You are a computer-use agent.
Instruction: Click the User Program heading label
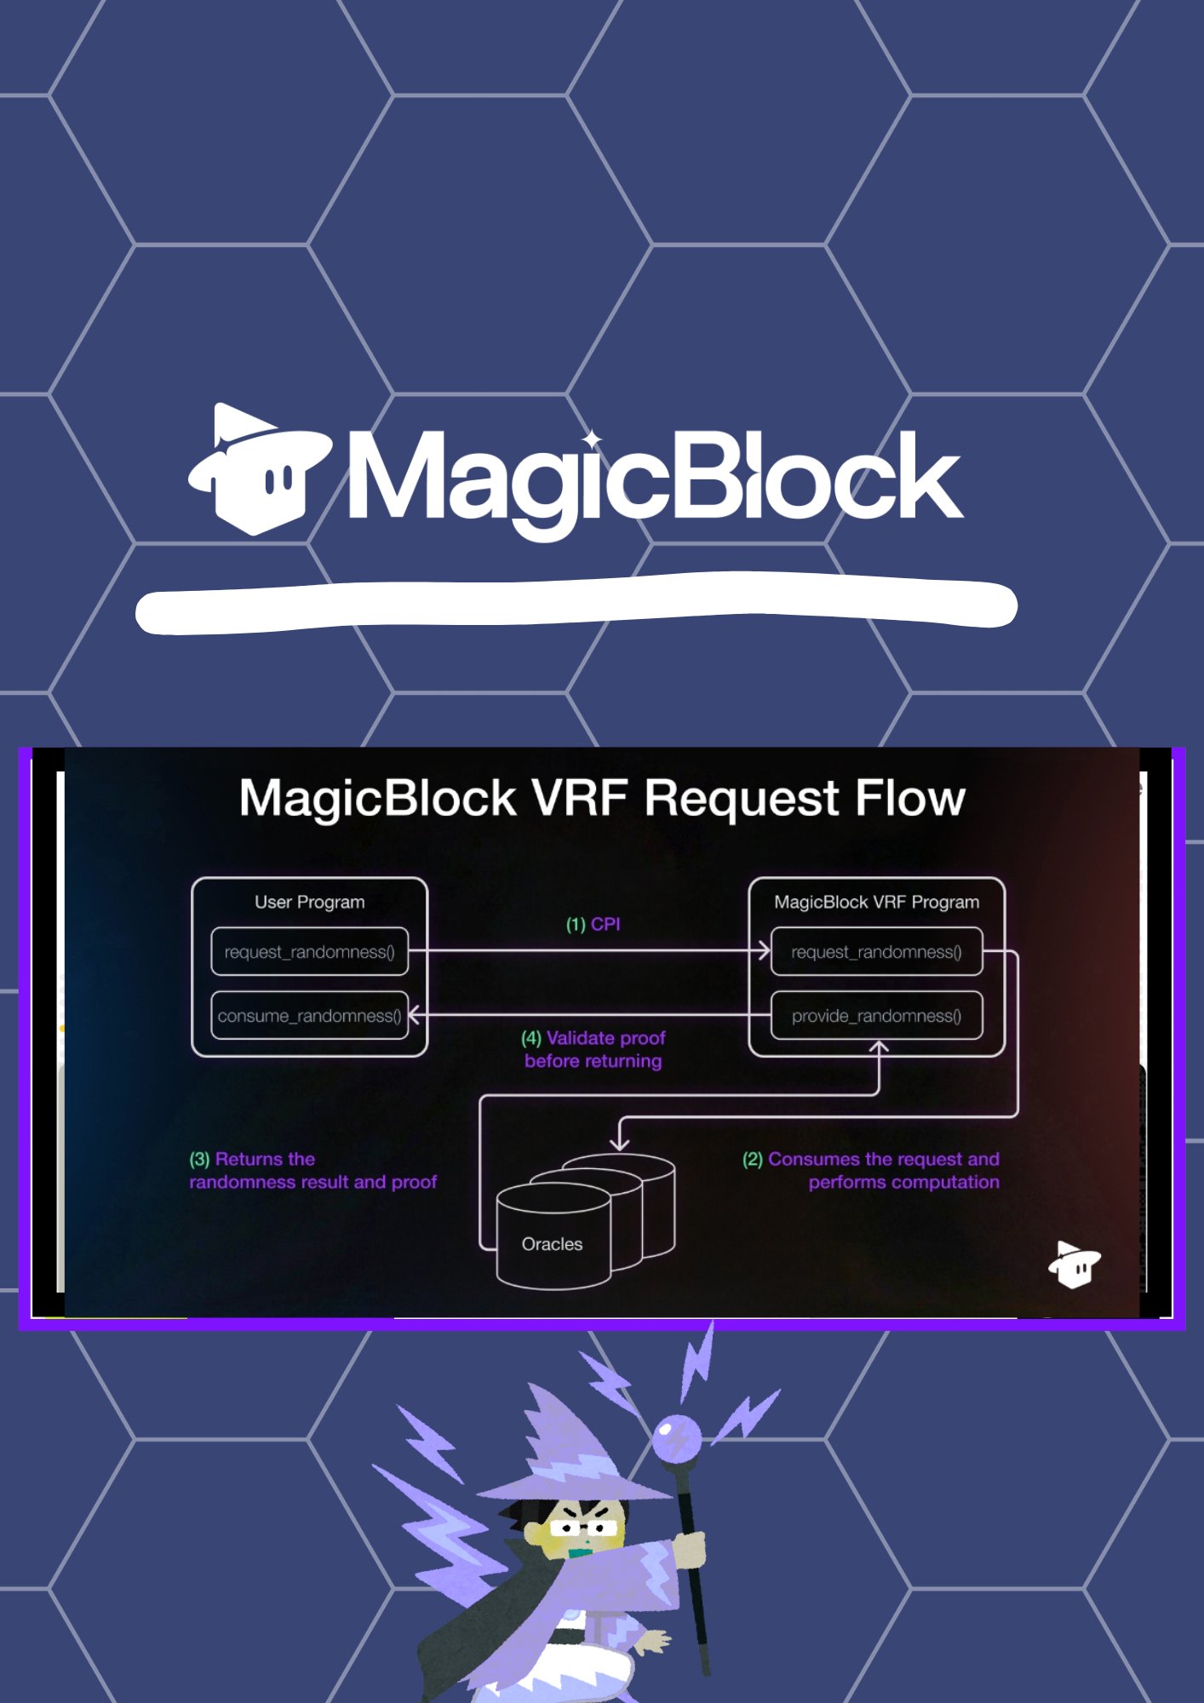[309, 903]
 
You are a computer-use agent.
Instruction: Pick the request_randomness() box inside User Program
[309, 952]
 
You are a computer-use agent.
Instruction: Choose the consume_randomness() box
[309, 1016]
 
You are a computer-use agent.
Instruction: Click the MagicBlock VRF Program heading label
[876, 903]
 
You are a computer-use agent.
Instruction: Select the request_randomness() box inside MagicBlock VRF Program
[876, 952]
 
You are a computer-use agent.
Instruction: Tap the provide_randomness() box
[876, 1016]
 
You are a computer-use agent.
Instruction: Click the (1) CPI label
[593, 925]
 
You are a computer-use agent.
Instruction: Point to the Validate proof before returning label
[593, 1049]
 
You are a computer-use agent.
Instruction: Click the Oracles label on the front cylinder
[552, 1244]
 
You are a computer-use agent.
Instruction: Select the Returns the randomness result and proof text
[312, 1171]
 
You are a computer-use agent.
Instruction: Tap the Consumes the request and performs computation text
[872, 1171]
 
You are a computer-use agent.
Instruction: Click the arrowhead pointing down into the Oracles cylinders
[620, 1144]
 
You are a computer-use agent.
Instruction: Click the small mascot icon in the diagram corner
[1074, 1264]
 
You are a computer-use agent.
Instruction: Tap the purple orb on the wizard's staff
[677, 1438]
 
